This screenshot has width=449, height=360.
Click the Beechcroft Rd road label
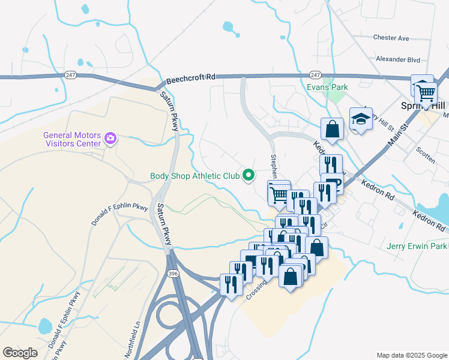coord(191,77)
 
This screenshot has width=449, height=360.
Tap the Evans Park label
coord(327,87)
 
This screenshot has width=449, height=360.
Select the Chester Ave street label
coord(391,38)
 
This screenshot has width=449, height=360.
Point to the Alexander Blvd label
coord(396,59)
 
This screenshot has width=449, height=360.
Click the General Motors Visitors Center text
coord(71,139)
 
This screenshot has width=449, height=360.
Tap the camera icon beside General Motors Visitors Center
coord(110,139)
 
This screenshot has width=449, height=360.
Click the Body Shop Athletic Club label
coord(194,176)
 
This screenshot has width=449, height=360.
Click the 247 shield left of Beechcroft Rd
coord(71,74)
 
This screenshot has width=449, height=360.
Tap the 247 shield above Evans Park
coord(315,74)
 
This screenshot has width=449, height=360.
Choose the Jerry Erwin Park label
coord(417,246)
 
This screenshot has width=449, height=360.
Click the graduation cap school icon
coord(361,119)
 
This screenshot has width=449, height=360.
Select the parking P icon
coord(333,184)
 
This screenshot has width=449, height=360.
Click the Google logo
coord(20,353)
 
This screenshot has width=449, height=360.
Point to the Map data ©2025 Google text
coord(411,355)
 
